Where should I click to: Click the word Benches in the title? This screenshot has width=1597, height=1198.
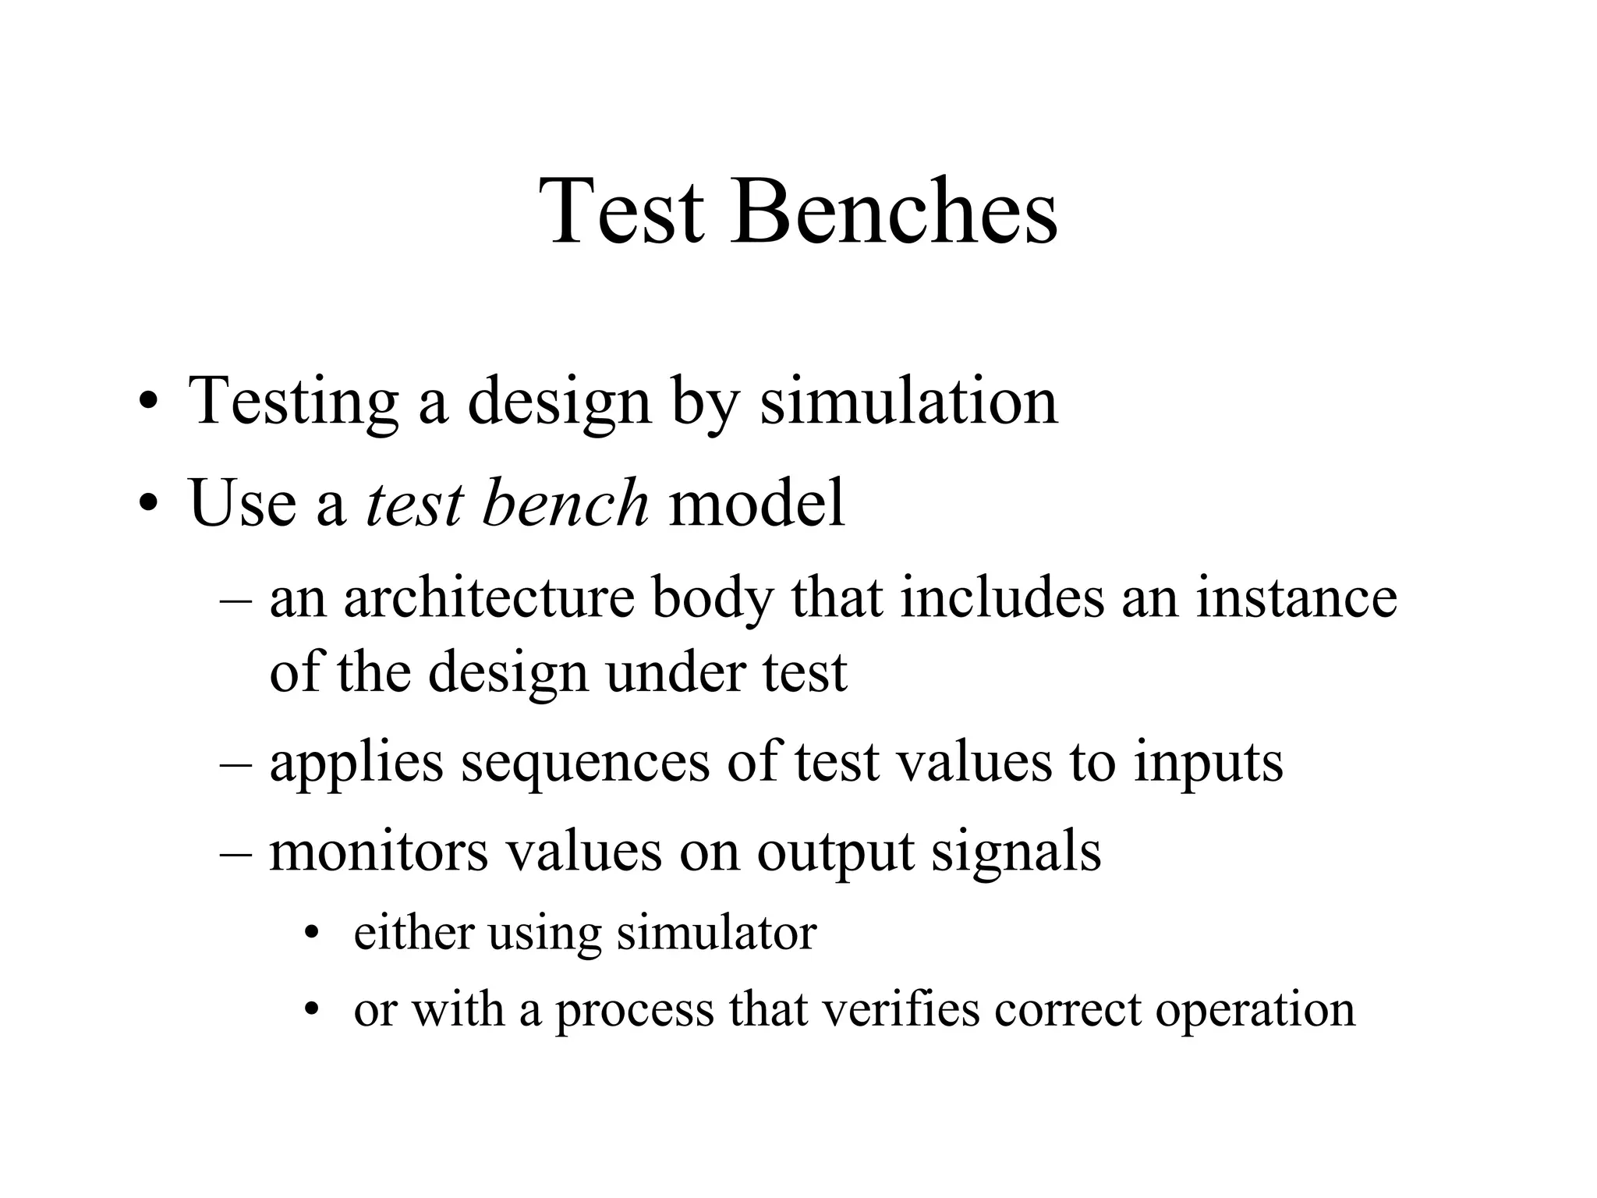pyautogui.click(x=894, y=211)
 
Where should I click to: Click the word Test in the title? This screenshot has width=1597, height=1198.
pyautogui.click(x=621, y=211)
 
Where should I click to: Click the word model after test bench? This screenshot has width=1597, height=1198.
pyautogui.click(x=757, y=503)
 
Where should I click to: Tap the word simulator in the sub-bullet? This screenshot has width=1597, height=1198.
pyautogui.click(x=716, y=933)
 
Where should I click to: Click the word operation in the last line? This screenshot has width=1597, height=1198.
pyautogui.click(x=1255, y=1010)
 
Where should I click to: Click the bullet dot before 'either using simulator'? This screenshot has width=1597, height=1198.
pyautogui.click(x=313, y=934)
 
